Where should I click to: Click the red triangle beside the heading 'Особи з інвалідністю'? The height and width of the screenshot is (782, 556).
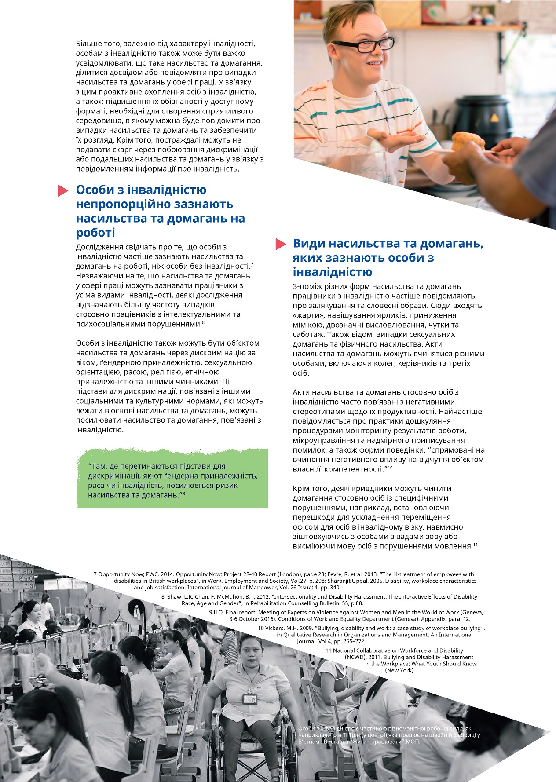[63, 190]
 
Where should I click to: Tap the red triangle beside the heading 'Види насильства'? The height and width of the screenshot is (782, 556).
[281, 244]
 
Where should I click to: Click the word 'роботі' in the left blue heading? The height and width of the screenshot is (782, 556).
[95, 233]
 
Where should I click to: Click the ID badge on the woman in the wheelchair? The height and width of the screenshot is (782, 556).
[249, 698]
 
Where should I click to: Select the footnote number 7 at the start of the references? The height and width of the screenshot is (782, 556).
[95, 574]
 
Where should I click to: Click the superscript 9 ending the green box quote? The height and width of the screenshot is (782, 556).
[183, 493]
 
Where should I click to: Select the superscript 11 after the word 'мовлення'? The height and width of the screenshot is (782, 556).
[476, 545]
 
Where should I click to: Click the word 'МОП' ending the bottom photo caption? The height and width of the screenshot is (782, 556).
[413, 742]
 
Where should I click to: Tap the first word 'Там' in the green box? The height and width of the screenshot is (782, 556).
[98, 466]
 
